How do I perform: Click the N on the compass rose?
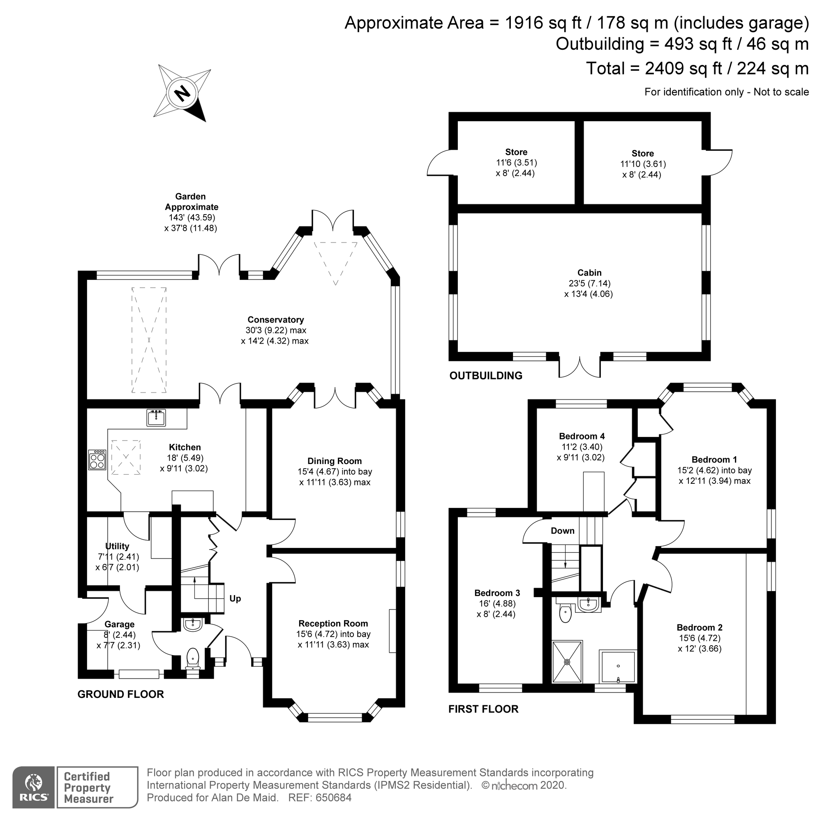coord(183,93)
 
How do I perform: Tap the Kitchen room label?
coord(185,447)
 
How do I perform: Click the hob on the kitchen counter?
coord(97,459)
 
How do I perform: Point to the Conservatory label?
coord(276,319)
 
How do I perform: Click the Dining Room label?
coord(335,461)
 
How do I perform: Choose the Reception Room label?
coord(333,623)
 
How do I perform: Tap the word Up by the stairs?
coord(235,599)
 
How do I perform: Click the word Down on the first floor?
coord(563,531)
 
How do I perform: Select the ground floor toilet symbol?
coord(193,659)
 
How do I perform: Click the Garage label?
coord(120,624)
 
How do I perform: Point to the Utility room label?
coord(117,546)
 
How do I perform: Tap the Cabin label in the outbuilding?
coord(589,273)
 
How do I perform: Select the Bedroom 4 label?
coord(582,436)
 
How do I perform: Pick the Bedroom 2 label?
coord(700,628)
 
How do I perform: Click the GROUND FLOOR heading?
coord(121,694)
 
